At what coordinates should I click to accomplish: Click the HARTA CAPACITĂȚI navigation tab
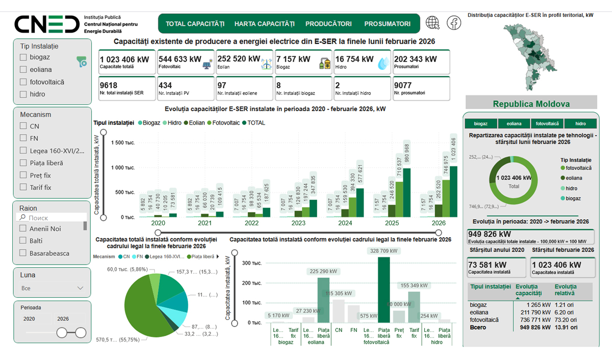[x=264, y=23]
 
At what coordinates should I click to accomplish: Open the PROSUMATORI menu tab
[x=387, y=23]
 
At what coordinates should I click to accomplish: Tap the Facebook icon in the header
[x=454, y=23]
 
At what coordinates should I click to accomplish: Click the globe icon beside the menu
[x=432, y=23]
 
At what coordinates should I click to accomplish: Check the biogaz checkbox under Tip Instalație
[x=23, y=57]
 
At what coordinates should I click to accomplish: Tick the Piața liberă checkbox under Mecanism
[x=23, y=163]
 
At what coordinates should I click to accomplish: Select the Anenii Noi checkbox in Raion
[x=23, y=229]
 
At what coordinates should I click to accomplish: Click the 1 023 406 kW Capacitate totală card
[x=126, y=62]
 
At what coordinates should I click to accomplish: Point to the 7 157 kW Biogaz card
[x=303, y=62]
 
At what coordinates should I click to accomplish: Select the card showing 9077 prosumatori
[x=421, y=89]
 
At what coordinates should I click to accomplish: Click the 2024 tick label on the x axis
[x=345, y=223]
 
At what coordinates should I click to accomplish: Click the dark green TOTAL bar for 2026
[x=453, y=191]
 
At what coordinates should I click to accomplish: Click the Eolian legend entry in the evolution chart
[x=195, y=123]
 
